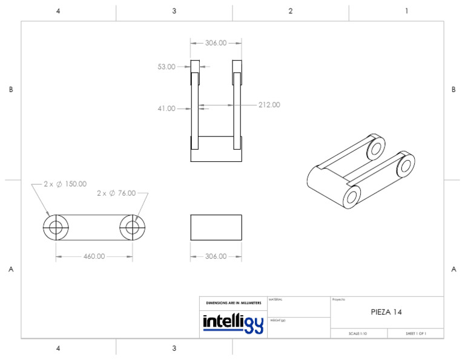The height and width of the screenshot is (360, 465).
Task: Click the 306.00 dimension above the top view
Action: tap(216, 43)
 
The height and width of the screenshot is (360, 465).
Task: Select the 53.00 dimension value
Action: tap(167, 67)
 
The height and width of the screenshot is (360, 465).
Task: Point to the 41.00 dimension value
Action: tap(167, 109)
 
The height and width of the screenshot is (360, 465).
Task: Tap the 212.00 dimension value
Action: tap(269, 105)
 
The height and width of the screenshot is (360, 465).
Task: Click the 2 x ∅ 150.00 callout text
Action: tap(65, 184)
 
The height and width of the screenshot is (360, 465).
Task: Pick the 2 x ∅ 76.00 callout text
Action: tap(116, 193)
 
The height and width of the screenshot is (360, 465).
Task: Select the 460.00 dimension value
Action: tap(94, 256)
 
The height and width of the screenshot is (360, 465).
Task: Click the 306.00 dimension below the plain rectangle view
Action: tap(216, 256)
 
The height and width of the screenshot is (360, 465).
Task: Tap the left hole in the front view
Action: tap(56, 228)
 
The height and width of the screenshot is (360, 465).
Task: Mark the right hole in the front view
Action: tap(133, 228)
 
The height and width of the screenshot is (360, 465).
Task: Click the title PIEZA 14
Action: tap(386, 312)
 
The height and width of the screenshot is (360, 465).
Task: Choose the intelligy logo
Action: tap(233, 323)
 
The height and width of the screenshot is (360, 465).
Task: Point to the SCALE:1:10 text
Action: tap(358, 333)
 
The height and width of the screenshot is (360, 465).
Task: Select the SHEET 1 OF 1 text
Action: tap(415, 333)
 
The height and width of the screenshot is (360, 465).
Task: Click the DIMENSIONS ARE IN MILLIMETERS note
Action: tap(233, 302)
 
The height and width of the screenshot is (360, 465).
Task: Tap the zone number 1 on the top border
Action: tap(406, 11)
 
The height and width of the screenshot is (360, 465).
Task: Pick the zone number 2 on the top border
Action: tap(291, 11)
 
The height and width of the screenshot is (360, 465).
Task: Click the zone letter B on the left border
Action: tap(11, 90)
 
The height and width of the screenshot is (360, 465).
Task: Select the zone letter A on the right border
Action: tap(453, 270)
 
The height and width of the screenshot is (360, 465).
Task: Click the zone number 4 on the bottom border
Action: tap(58, 348)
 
